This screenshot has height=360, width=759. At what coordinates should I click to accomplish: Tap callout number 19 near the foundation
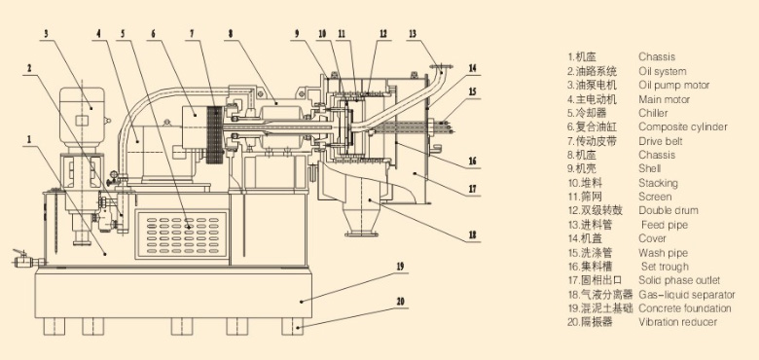[399, 265]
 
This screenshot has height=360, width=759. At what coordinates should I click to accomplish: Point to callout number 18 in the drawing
[472, 234]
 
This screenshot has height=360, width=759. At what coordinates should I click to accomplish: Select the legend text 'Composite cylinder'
[682, 126]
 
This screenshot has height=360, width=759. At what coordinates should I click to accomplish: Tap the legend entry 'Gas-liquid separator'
[687, 294]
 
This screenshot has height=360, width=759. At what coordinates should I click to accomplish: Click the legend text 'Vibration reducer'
[677, 322]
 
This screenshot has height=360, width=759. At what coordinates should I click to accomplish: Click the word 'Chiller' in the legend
[653, 113]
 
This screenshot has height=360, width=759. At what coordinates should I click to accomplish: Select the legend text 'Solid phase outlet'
[679, 280]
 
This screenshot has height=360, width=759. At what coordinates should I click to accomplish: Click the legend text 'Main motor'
[664, 99]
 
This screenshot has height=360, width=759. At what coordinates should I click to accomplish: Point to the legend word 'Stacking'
[658, 183]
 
